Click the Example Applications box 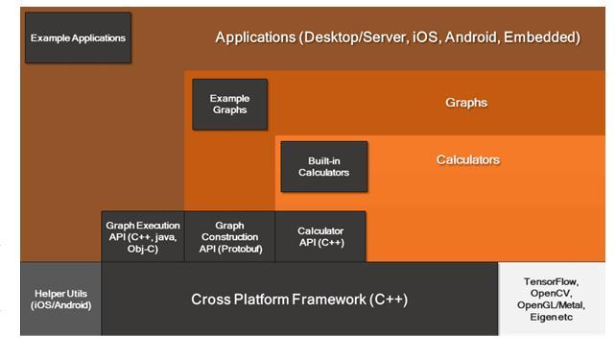coord(78,37)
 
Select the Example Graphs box coord(230,105)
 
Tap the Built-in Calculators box coord(324,167)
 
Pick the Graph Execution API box coord(143,236)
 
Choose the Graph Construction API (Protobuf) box coord(230,236)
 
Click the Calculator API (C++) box coord(320,236)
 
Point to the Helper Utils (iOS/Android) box coord(60,299)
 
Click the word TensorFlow coord(551,282)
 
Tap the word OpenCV coord(551,294)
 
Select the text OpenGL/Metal coord(551,305)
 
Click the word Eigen coord(542,317)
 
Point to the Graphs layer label coord(466,103)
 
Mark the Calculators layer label coord(468,160)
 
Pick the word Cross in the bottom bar coord(210,300)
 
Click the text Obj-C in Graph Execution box coord(143,249)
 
